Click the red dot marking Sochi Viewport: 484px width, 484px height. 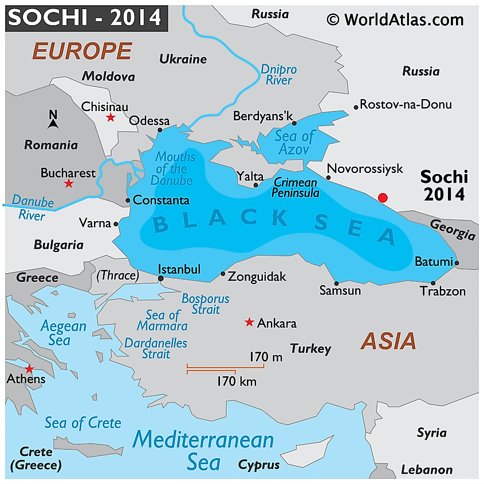tap(383, 198)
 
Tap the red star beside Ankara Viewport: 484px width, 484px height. tap(249, 322)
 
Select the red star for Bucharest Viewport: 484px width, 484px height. tap(69, 183)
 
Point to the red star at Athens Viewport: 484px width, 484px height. tap(29, 368)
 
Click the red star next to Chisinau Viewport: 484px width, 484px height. tap(111, 117)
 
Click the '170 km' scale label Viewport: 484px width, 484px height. tap(237, 381)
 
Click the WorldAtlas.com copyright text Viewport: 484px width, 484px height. tap(395, 19)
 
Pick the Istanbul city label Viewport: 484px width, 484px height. tap(179, 269)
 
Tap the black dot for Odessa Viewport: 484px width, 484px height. tap(160, 130)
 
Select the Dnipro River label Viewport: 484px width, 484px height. tap(279, 74)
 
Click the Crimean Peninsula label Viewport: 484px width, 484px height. tap(296, 187)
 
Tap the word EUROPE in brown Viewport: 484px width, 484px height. tap(81, 51)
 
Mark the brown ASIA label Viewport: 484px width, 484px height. tap(388, 341)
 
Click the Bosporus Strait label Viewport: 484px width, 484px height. tap(205, 304)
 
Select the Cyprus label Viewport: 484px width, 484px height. tap(259, 465)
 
